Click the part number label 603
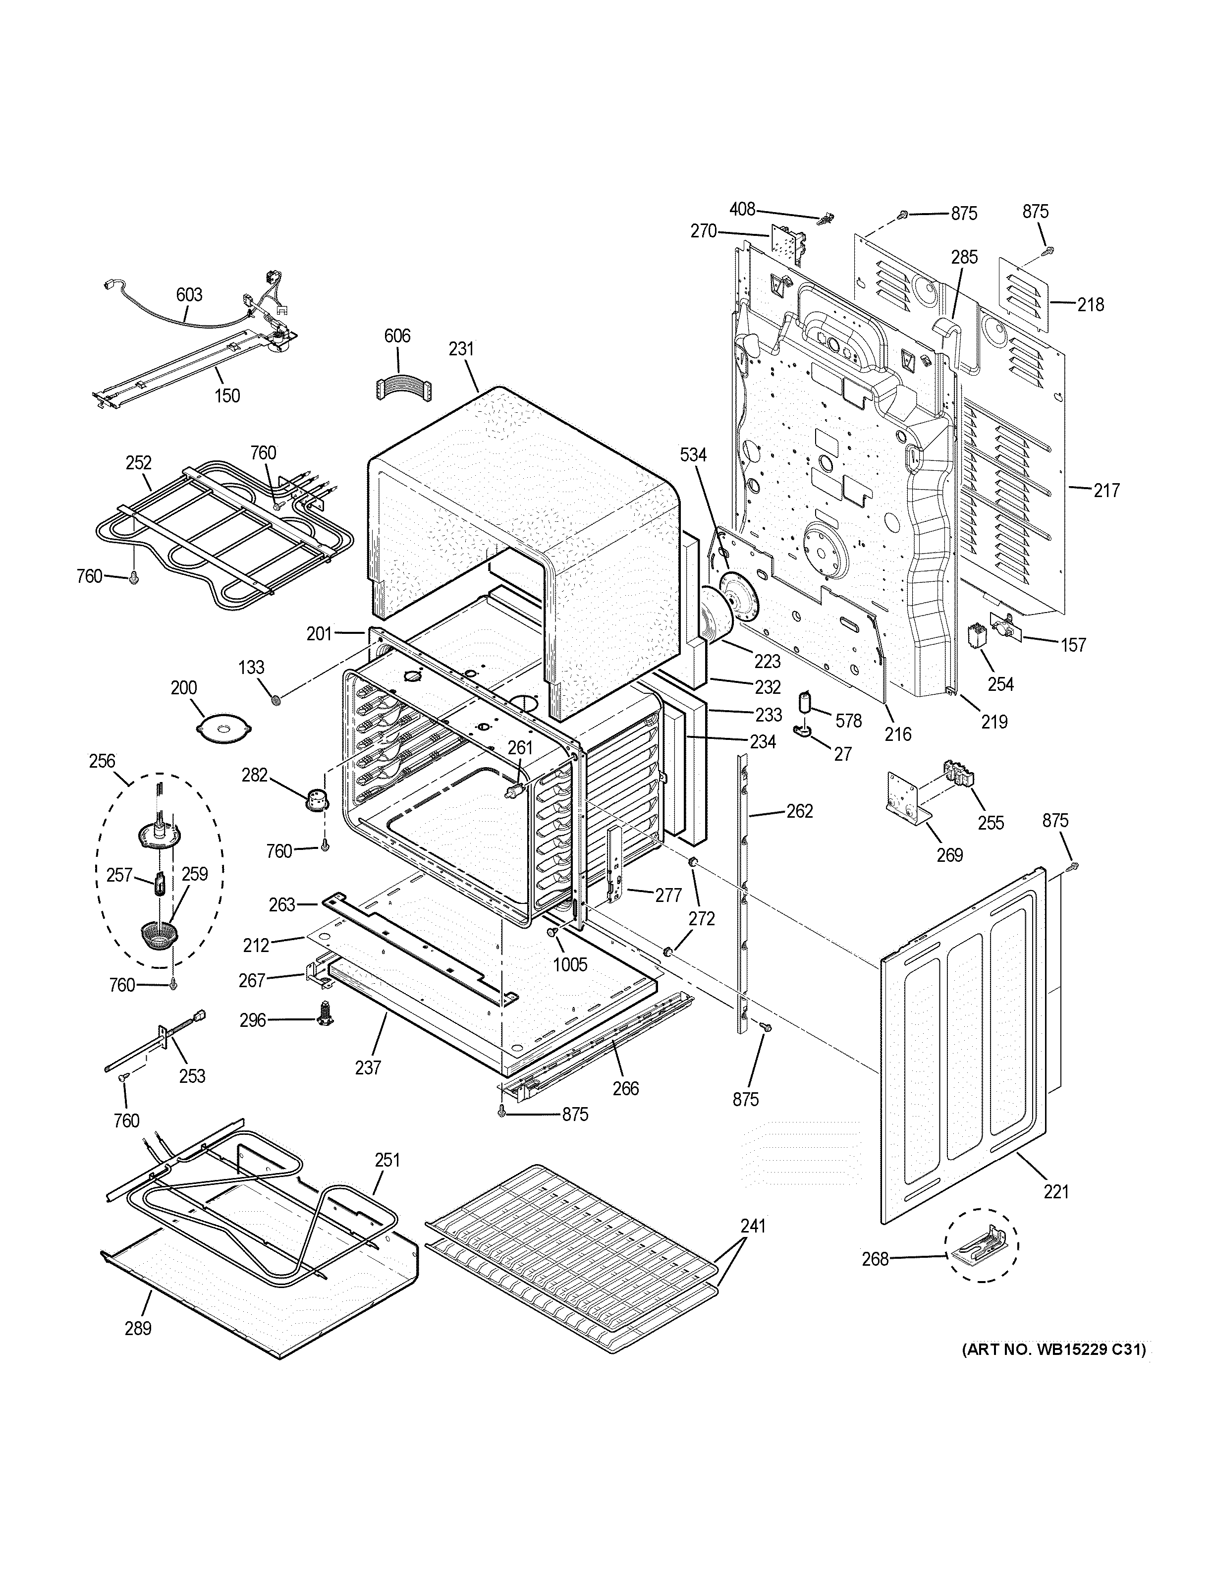[189, 295]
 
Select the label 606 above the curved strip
[397, 336]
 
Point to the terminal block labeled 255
[961, 777]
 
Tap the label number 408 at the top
[742, 209]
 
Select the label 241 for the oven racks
[752, 1227]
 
